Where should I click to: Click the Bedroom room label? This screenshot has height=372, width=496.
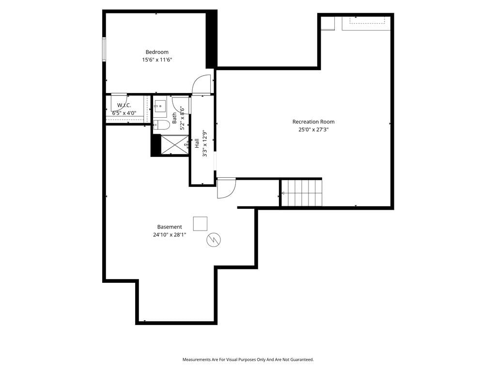[157, 52]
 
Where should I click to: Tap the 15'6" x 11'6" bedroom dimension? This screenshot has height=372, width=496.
[157, 60]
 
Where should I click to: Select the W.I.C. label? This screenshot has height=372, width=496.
[124, 105]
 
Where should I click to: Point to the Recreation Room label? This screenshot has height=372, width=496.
[313, 122]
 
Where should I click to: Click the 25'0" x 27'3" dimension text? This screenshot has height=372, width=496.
[313, 129]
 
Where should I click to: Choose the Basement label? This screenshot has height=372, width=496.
[170, 227]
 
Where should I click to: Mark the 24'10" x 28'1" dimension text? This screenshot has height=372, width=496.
[170, 235]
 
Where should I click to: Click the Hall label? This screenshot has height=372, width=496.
[197, 143]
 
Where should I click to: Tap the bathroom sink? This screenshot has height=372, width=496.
[160, 106]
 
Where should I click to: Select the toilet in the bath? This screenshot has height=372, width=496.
[162, 125]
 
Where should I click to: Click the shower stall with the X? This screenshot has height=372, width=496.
[174, 145]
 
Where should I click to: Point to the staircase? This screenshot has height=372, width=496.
[302, 193]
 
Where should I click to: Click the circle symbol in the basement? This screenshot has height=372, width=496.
[214, 240]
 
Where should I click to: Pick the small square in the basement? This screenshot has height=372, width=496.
[200, 224]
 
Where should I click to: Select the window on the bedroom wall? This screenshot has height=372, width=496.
[104, 49]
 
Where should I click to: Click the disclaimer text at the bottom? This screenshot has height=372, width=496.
[248, 360]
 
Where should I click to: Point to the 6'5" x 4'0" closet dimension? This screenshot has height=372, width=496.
[124, 113]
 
